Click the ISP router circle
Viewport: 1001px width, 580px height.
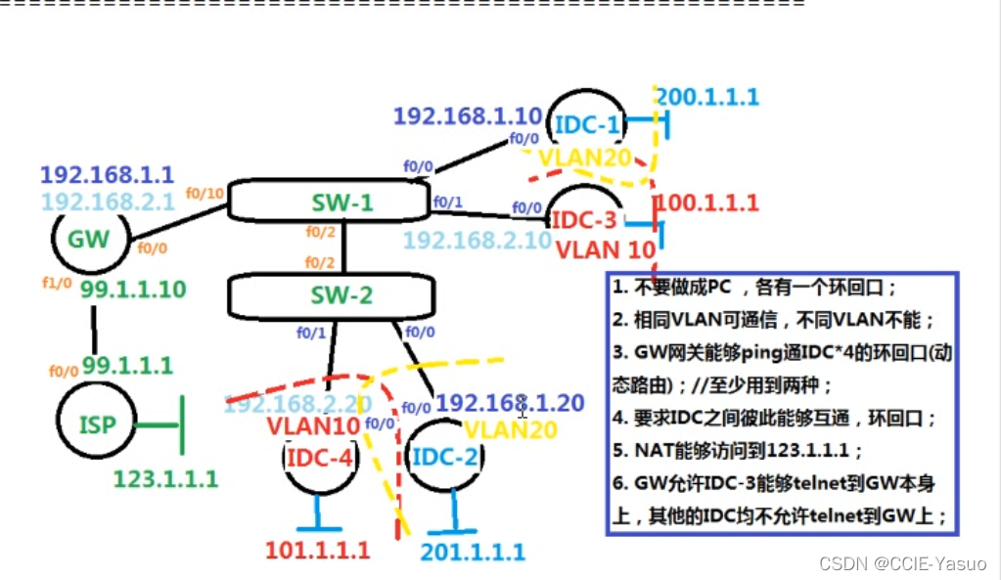tap(95, 424)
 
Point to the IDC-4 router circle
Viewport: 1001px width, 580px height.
tap(319, 457)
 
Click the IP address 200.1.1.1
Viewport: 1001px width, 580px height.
tap(706, 97)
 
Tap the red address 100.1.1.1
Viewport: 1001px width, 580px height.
tap(706, 203)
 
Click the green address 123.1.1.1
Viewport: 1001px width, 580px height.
tap(166, 478)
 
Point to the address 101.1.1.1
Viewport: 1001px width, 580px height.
tap(318, 550)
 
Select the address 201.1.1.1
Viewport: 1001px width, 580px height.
tap(473, 552)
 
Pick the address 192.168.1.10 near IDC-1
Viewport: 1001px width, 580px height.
tap(467, 115)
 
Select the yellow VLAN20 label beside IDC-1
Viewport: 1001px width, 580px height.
tap(593, 157)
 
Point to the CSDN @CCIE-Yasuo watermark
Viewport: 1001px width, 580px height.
tap(902, 564)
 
